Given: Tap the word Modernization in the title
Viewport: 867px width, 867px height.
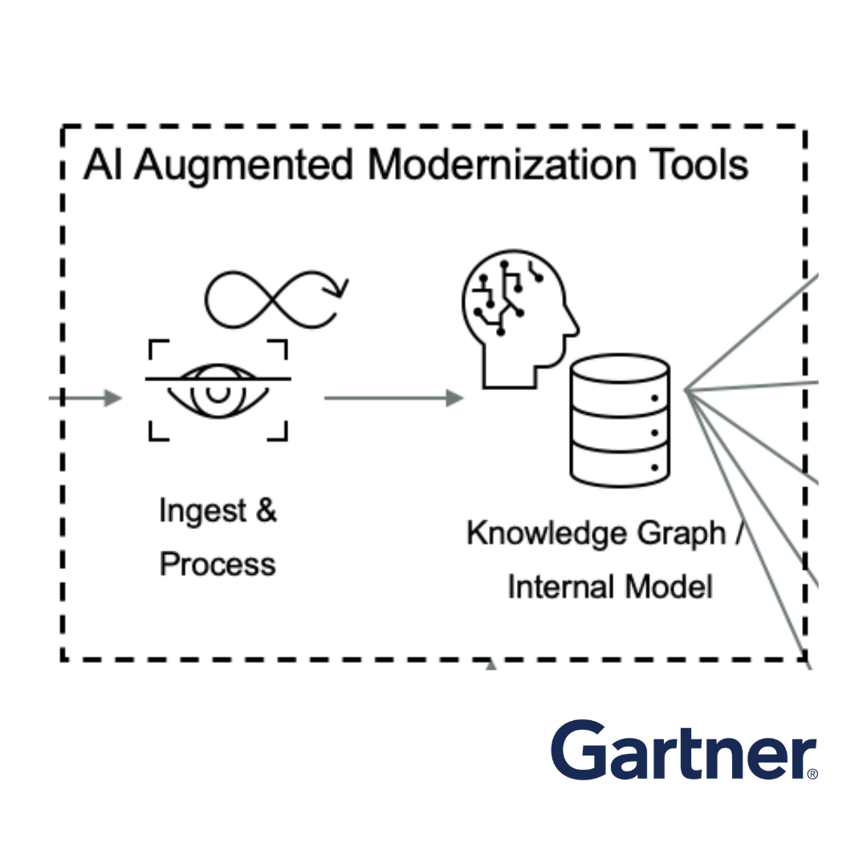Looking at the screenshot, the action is (493, 165).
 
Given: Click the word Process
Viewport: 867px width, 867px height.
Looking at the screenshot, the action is (218, 564).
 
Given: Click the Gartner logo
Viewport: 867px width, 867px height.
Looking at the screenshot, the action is (682, 751).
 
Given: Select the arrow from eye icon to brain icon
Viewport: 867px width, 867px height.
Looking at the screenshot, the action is (393, 397).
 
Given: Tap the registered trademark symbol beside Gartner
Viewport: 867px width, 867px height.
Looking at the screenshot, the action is (812, 774).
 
